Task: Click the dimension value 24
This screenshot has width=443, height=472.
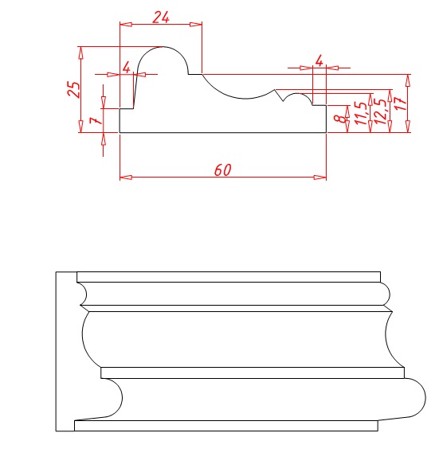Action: click(161, 18)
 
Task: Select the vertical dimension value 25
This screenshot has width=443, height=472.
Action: click(74, 89)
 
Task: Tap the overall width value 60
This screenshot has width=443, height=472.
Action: click(223, 170)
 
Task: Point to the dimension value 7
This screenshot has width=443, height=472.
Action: click(96, 120)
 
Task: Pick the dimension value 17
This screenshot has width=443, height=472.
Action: click(400, 103)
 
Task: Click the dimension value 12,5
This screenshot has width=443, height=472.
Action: click(381, 111)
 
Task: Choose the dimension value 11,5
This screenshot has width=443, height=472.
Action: click(361, 113)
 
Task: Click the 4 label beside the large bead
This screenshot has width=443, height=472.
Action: click(127, 67)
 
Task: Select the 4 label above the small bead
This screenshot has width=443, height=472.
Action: click(319, 60)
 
